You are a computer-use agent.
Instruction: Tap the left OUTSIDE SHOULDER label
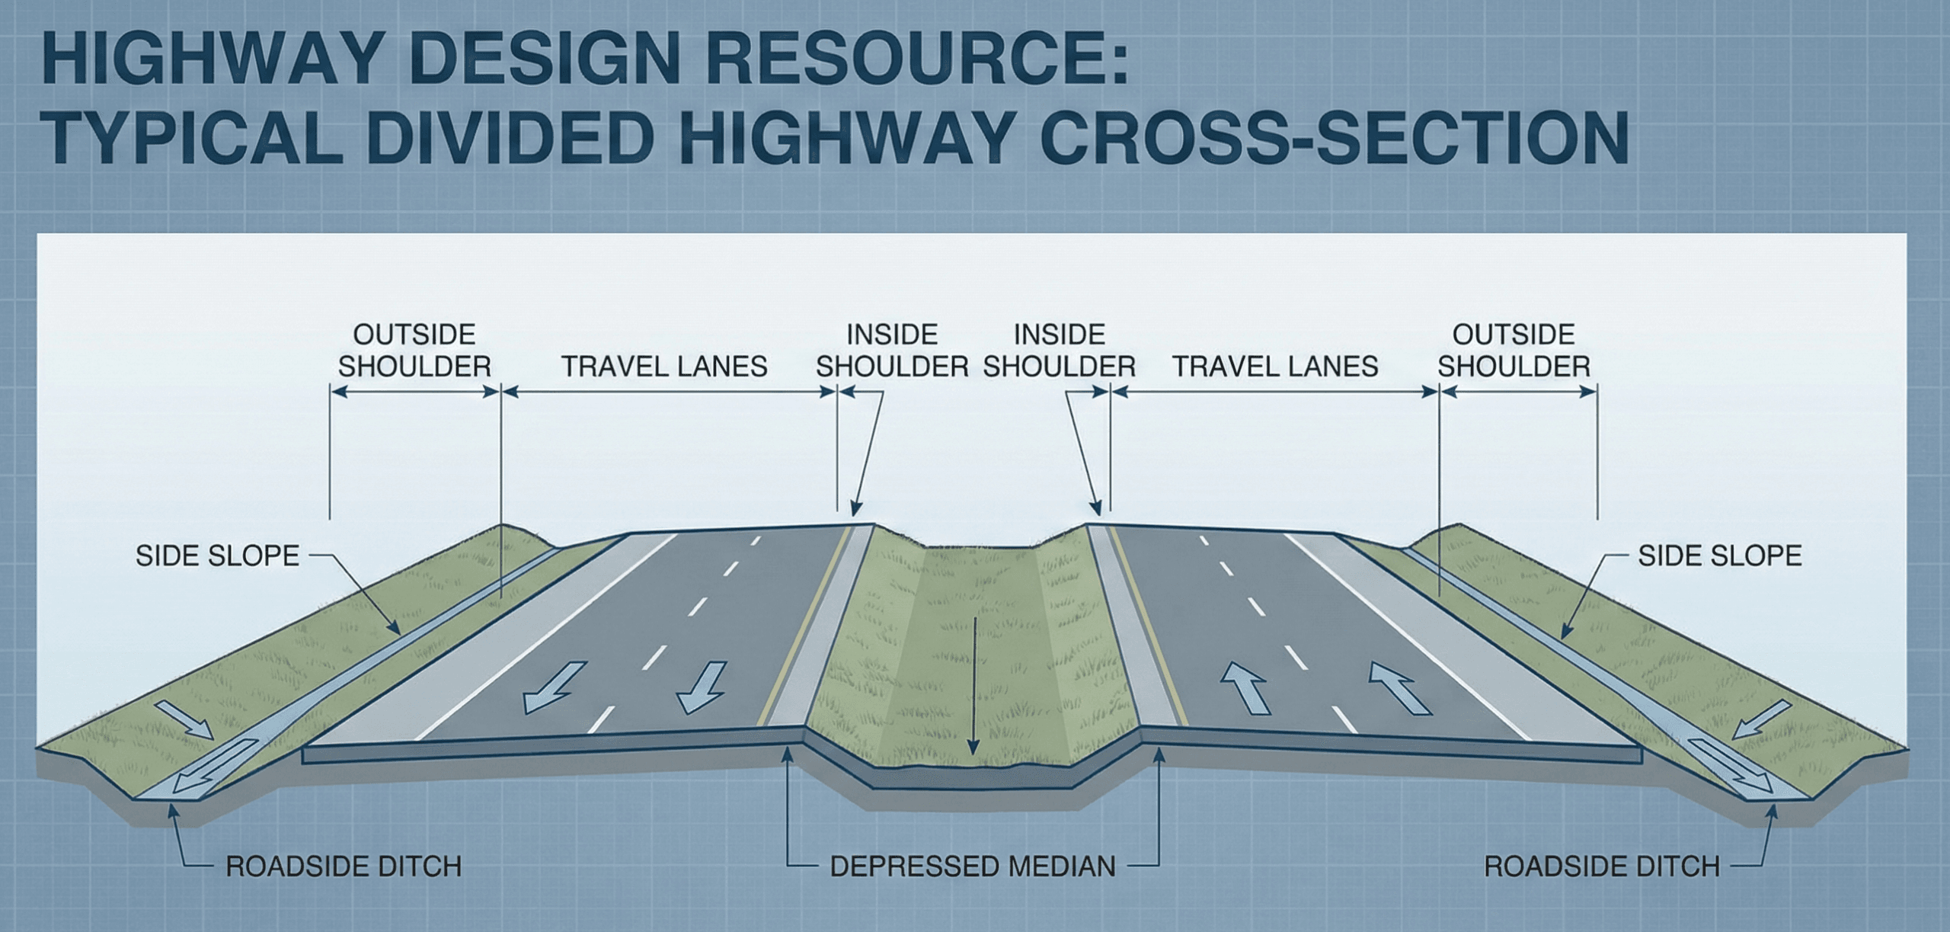click(x=414, y=351)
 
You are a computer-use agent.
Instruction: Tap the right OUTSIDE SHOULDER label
click(x=1514, y=351)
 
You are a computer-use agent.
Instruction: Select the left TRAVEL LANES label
click(x=664, y=367)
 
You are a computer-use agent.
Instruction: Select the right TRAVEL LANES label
click(x=1275, y=367)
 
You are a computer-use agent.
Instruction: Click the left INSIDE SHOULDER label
click(x=892, y=351)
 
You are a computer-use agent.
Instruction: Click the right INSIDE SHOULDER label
click(x=1059, y=351)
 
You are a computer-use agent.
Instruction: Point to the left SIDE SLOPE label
click(x=217, y=556)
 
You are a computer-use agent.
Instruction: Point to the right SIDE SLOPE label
click(x=1720, y=556)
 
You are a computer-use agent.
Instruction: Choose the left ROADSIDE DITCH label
click(x=344, y=866)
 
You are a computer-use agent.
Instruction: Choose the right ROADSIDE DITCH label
click(x=1602, y=866)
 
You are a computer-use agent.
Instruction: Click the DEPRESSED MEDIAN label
click(x=973, y=866)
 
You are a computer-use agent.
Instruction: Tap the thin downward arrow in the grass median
click(x=973, y=686)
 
